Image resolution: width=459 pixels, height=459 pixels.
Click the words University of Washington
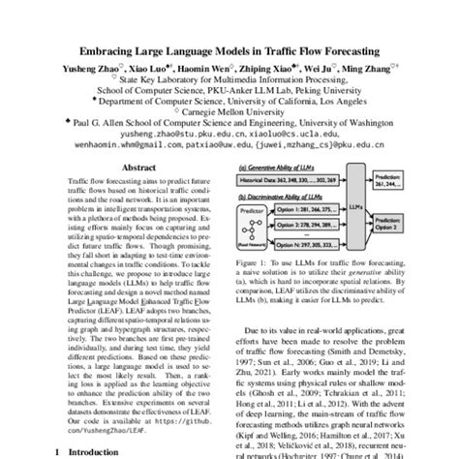tap(343, 123)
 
